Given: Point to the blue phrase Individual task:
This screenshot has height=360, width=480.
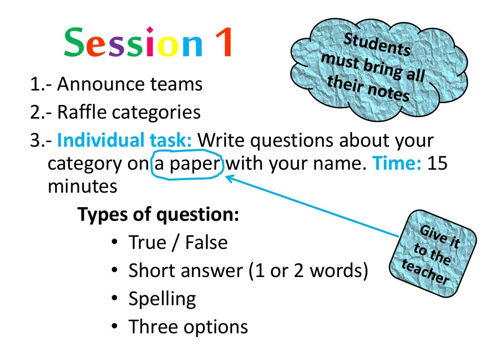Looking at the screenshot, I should [125, 140].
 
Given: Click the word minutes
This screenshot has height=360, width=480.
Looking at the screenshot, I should [82, 187].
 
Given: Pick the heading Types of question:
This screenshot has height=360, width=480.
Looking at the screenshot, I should [158, 215].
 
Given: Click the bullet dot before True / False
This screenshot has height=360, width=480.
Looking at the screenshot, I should [115, 243].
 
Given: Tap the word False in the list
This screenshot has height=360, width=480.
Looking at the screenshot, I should [206, 242].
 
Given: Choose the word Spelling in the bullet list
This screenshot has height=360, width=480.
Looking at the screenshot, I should [162, 299].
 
